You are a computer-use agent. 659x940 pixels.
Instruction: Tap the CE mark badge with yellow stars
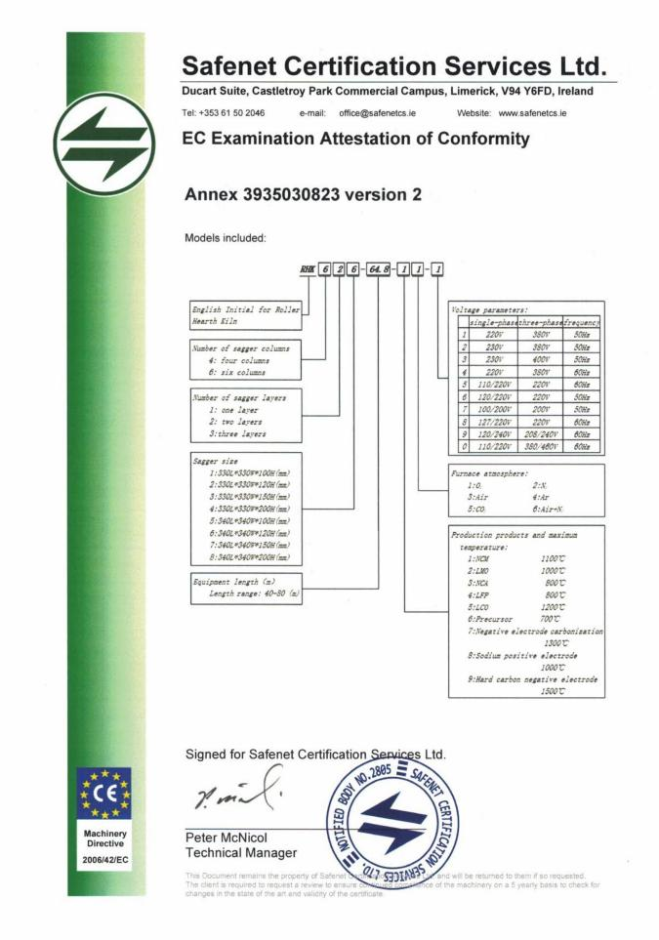pyautogui.click(x=103, y=793)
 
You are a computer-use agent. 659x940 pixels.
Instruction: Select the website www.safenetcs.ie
pyautogui.click(x=534, y=113)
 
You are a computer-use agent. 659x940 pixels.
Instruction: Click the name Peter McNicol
pyautogui.click(x=226, y=838)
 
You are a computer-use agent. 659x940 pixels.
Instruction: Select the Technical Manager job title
pyautogui.click(x=240, y=853)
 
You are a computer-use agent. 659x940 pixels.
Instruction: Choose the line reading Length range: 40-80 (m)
pyautogui.click(x=248, y=593)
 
